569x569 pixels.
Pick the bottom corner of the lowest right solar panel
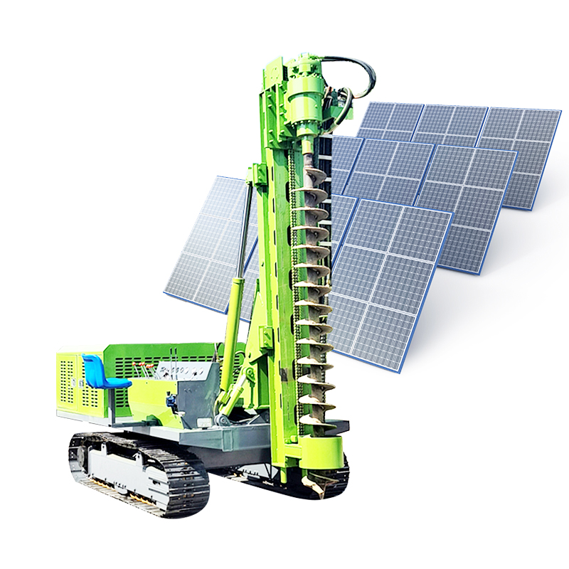click(x=403, y=370)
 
